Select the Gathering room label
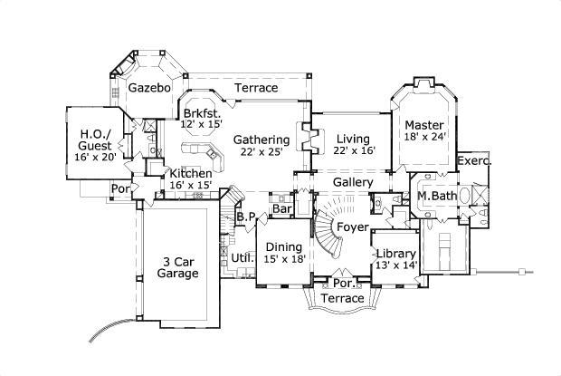[x=261, y=140]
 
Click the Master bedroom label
[x=423, y=124]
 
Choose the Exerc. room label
[x=474, y=161]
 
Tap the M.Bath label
[x=435, y=197]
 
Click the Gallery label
[x=353, y=182]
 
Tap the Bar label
[x=282, y=209]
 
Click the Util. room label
[x=242, y=258]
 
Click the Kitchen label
[x=191, y=173]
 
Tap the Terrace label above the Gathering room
[x=256, y=88]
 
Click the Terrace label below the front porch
[x=343, y=298]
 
